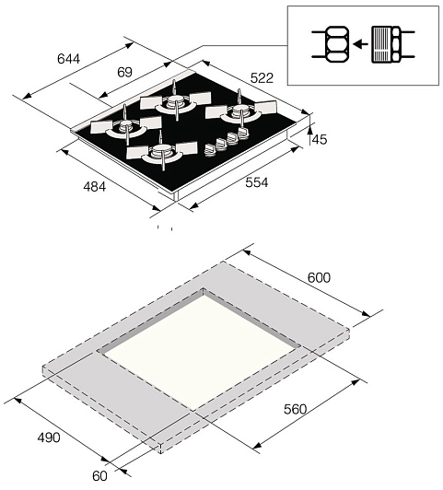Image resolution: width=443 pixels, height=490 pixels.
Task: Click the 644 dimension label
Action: click(x=69, y=59)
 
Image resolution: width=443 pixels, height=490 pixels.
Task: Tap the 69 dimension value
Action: click(x=125, y=72)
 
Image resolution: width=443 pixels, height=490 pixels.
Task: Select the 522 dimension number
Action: click(x=262, y=77)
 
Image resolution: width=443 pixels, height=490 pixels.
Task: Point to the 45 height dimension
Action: click(x=320, y=139)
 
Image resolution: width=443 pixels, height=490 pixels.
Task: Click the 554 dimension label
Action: click(x=256, y=182)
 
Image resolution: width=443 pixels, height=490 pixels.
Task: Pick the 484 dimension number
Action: click(x=94, y=187)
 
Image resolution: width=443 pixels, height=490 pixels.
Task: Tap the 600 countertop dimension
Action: click(x=319, y=277)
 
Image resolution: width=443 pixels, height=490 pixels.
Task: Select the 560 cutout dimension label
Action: click(x=296, y=409)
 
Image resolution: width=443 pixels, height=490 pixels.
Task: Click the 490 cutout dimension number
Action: click(x=49, y=437)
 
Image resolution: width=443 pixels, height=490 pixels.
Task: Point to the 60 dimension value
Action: click(x=99, y=476)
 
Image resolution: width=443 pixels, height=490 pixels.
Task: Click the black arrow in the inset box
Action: click(x=360, y=44)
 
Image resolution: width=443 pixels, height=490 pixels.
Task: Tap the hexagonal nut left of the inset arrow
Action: click(x=337, y=44)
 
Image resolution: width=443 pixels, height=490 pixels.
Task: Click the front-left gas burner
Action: click(x=125, y=126)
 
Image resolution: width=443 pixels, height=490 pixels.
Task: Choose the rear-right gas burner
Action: click(x=240, y=111)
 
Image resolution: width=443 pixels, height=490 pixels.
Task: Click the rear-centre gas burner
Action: click(x=175, y=101)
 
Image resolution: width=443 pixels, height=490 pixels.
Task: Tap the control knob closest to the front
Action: click(x=210, y=149)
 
